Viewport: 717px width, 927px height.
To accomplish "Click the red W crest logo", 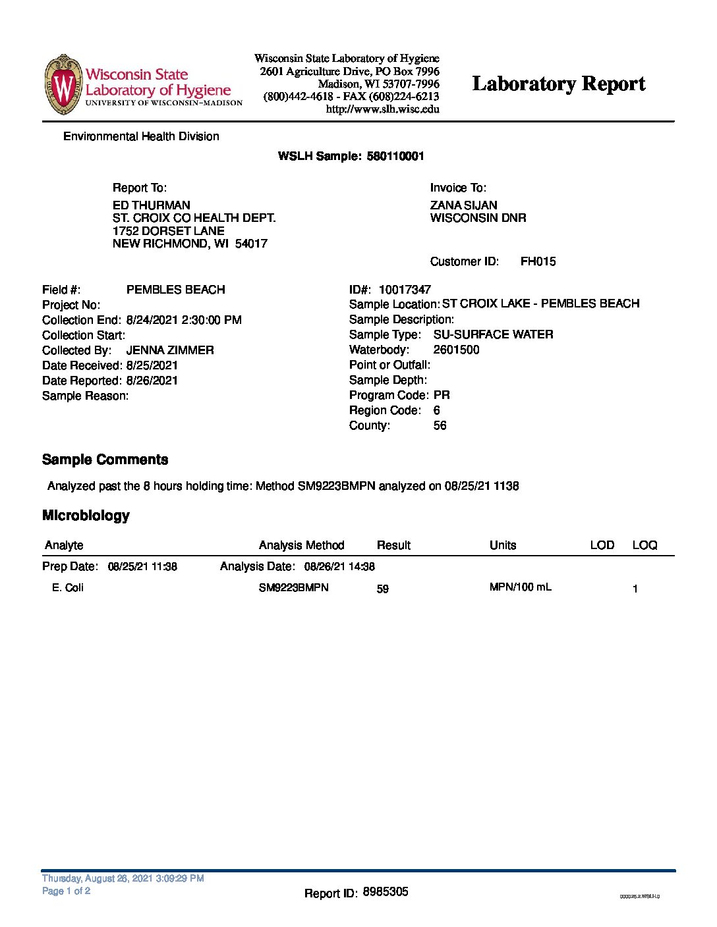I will tap(63, 85).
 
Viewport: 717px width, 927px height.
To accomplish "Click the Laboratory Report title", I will tap(559, 84).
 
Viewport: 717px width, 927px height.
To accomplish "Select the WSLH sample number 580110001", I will tap(395, 156).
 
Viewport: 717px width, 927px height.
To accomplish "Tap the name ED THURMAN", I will tap(152, 205).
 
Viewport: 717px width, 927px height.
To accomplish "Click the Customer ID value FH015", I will tap(538, 261).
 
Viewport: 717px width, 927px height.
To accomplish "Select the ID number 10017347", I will tap(405, 290).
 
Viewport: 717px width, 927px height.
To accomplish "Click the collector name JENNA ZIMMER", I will tap(170, 350).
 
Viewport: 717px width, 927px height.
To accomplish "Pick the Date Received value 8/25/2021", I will tap(152, 365).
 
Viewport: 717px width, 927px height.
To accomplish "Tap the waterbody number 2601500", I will tap(456, 350).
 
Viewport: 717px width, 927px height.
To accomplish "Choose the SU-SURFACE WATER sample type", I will tap(493, 334).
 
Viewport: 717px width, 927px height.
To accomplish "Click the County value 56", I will tap(440, 425).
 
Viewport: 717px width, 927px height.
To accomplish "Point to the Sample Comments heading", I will tap(105, 460).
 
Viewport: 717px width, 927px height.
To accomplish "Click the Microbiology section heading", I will tap(86, 516).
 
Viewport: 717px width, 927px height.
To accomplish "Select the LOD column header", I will tap(602, 545).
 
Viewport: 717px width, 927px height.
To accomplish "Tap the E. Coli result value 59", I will tap(383, 589).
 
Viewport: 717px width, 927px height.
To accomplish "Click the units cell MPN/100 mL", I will tap(520, 587).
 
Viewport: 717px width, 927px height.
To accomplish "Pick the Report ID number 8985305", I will tap(386, 892).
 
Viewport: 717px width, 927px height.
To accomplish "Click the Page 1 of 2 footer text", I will tap(66, 891).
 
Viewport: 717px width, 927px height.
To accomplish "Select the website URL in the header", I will tap(382, 109).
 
